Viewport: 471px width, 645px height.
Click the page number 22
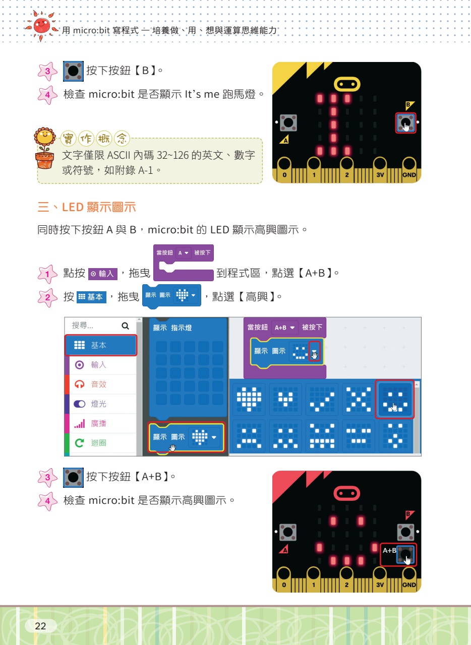40,626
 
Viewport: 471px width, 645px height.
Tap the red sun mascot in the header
41,26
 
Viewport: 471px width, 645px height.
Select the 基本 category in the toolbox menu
100,345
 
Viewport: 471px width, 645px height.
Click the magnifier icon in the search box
125,326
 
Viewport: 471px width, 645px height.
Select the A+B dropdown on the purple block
284,328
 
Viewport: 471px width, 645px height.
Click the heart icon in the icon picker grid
249,399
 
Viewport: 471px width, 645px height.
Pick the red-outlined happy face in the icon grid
395,399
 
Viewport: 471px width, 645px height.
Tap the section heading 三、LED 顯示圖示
87,207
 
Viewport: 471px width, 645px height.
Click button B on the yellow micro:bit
406,123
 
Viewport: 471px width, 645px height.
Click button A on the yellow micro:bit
288,122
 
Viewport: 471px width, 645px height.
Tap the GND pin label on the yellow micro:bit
409,175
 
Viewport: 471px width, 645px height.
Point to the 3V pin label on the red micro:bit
380,585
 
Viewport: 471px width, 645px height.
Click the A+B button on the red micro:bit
398,555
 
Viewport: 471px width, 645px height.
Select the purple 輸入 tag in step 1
102,274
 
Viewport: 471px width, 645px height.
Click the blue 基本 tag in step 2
92,297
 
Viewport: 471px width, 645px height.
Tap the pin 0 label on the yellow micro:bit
284,175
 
